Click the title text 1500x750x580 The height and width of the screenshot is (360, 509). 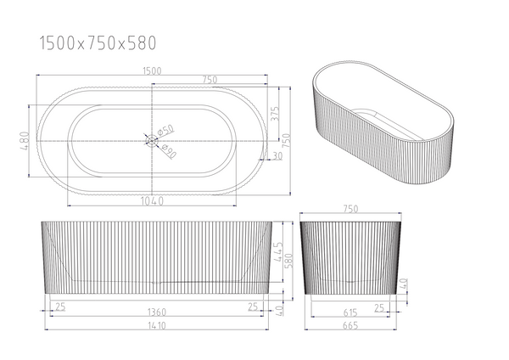tap(98, 43)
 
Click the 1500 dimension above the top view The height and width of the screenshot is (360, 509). tap(152, 70)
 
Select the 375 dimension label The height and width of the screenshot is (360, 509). tap(275, 114)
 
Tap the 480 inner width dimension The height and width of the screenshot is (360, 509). tap(25, 141)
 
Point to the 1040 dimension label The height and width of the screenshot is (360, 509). tap(152, 201)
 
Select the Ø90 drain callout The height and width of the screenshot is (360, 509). tap(169, 151)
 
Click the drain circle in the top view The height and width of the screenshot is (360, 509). tap(152, 141)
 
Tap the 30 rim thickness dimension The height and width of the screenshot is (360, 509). tap(277, 156)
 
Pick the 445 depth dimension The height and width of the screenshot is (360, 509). tap(278, 252)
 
